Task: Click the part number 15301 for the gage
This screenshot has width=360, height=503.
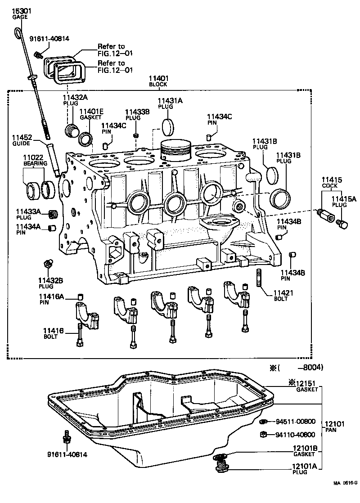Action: (x=19, y=11)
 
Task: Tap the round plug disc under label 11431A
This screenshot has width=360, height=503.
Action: (x=168, y=127)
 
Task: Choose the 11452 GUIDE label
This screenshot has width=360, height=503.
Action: (x=21, y=140)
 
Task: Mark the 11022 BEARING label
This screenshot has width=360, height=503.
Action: (x=34, y=161)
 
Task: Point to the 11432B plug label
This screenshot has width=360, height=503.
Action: (x=50, y=283)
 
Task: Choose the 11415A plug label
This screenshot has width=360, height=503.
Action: (x=344, y=201)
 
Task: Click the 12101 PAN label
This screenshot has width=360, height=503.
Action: (x=334, y=427)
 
